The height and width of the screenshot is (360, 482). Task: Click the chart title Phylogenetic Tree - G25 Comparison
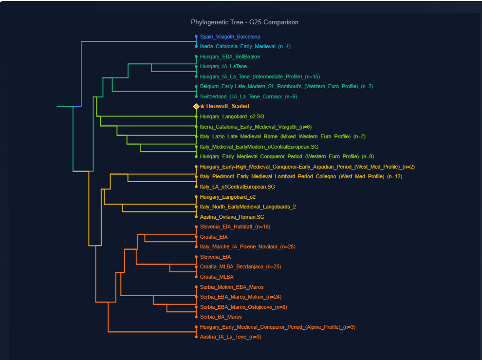244,22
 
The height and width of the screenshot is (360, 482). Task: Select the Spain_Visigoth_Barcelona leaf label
230,37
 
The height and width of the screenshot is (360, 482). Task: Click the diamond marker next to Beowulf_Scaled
196,106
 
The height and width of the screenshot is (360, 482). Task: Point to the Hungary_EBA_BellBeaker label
230,57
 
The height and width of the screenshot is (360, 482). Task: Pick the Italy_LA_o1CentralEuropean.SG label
237,187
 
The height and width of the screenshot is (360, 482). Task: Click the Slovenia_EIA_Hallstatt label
235,227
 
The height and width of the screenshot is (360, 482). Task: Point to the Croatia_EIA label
214,237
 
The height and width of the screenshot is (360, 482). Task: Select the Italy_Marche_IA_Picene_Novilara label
247,246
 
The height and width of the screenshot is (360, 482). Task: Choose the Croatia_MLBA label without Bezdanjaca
216,277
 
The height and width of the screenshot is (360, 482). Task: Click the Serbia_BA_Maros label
221,317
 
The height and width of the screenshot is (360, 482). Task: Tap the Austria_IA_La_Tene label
230,337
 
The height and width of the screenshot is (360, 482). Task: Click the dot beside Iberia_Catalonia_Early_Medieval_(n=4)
196,47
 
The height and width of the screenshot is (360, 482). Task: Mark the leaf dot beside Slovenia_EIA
196,257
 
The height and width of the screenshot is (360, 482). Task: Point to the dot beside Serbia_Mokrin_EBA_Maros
196,287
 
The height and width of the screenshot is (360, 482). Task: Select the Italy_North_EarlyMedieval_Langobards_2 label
248,207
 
